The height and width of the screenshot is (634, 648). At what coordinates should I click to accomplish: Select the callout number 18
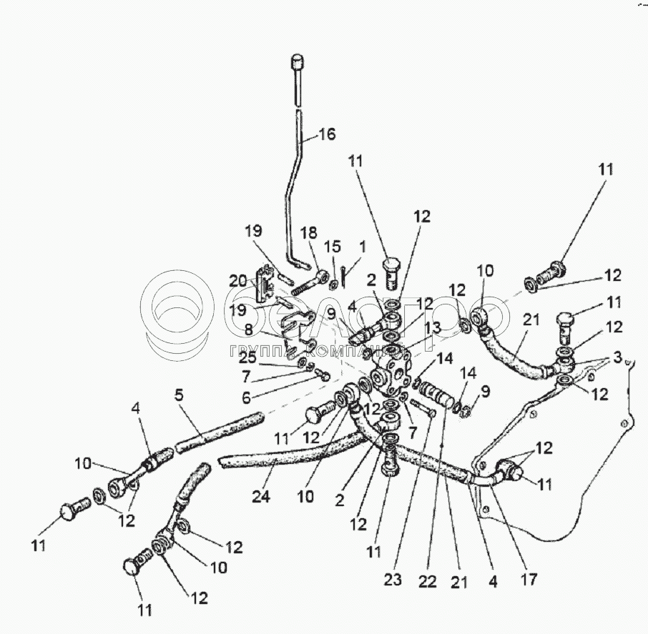tap(308, 233)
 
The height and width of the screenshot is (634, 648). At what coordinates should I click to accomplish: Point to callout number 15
tap(333, 247)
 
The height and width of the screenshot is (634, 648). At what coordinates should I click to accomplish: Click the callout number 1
tap(362, 247)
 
